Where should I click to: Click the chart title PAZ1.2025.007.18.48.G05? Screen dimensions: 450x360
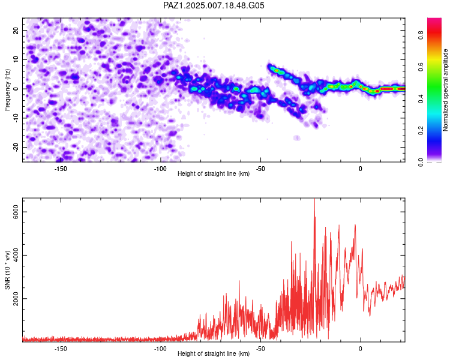[x=214, y=5]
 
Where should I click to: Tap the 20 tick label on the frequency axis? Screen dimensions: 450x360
[x=16, y=30]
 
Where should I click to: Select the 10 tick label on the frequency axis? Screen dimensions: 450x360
[x=16, y=59]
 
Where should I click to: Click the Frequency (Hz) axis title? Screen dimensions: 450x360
[x=7, y=90]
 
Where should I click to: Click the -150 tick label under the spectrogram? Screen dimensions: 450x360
[x=60, y=169]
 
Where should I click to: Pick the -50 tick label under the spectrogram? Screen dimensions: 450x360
[x=260, y=169]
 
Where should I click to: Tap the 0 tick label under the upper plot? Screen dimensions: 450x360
[x=361, y=169]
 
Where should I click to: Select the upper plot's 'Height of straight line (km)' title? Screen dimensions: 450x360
[x=214, y=173]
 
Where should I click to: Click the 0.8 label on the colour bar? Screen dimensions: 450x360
[x=421, y=35]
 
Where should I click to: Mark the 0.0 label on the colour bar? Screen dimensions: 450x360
[x=421, y=163]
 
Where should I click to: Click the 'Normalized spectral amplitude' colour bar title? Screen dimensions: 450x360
[x=445, y=90]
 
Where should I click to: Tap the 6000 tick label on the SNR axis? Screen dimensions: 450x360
[x=16, y=212]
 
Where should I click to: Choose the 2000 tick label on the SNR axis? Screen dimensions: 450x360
[x=16, y=299]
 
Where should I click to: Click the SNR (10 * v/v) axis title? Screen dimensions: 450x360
[x=7, y=270]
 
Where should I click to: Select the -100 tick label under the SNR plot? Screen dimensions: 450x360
[x=160, y=349]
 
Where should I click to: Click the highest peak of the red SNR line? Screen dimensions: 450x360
[x=314, y=199]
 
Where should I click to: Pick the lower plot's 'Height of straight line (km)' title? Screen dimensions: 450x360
[x=214, y=353]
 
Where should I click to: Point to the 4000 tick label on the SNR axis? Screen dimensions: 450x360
[x=16, y=255]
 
